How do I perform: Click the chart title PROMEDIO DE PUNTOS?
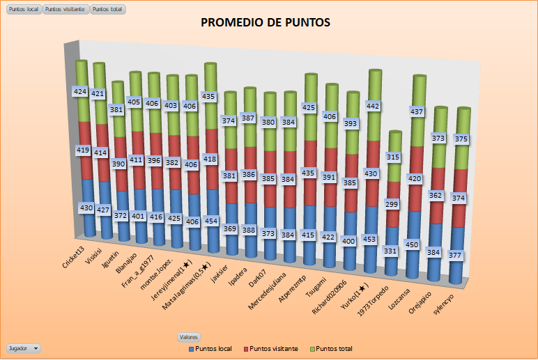(x=266, y=23)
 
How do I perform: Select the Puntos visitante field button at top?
(x=66, y=10)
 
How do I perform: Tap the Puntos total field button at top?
(x=107, y=10)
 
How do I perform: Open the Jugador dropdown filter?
(x=23, y=347)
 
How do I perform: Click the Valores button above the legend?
(x=189, y=337)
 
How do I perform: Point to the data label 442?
(x=374, y=106)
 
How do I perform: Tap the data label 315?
(x=393, y=157)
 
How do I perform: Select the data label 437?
(x=416, y=111)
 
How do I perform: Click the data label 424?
(x=80, y=91)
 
